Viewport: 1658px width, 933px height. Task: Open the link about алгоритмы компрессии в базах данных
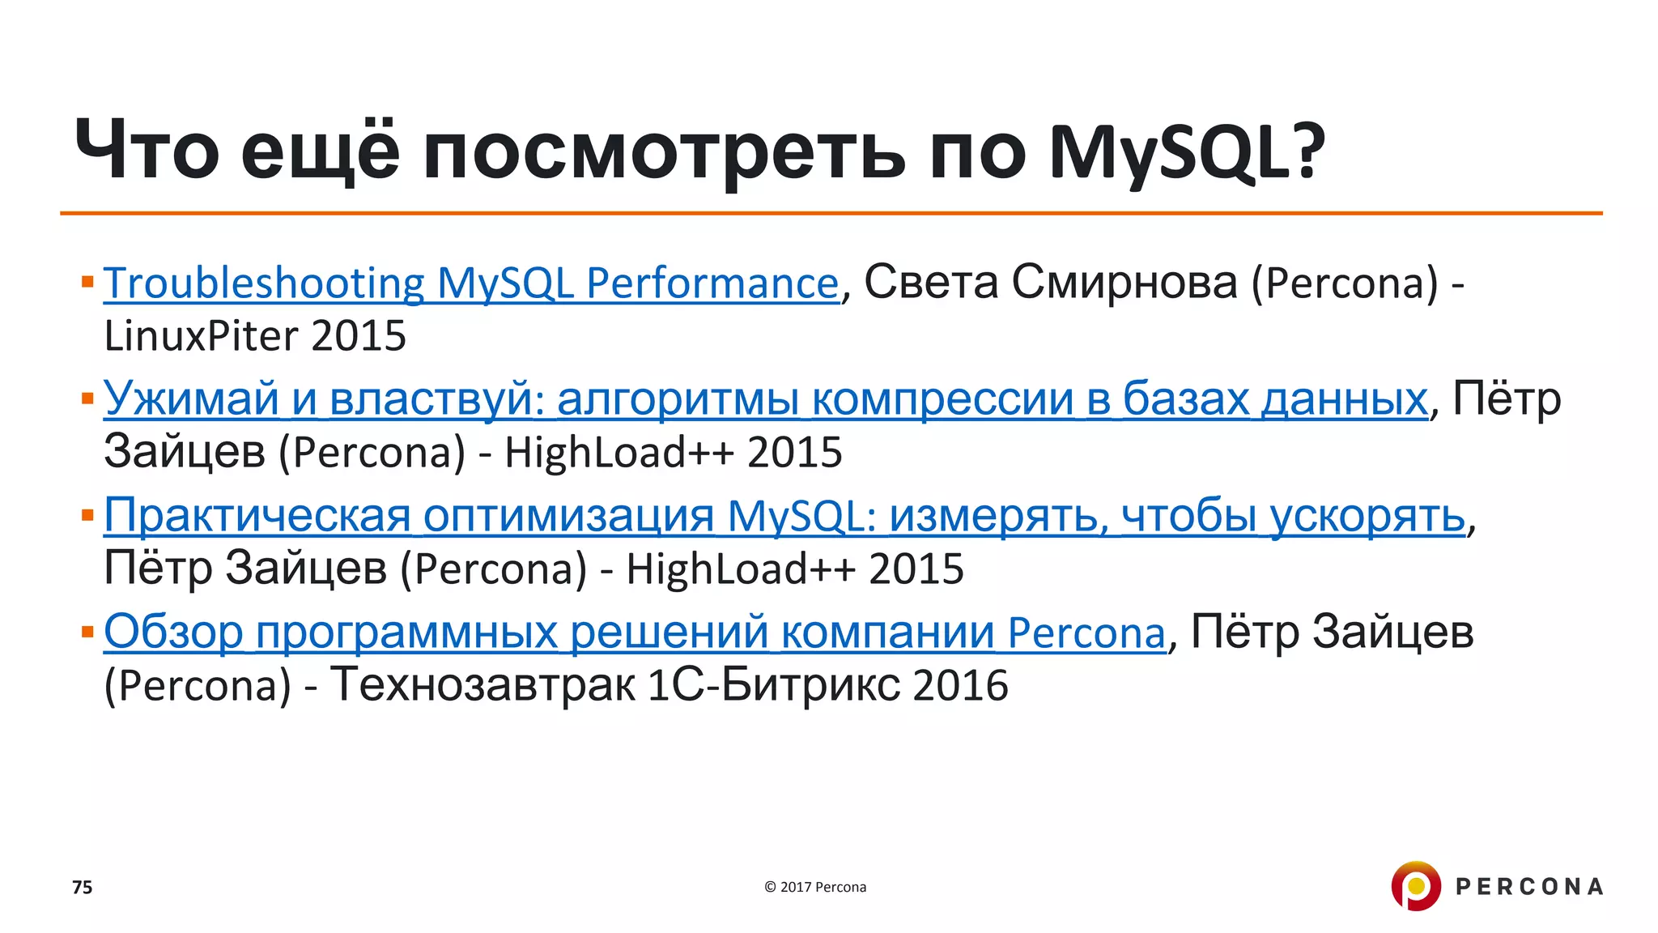point(765,398)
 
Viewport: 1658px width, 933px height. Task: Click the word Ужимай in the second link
point(191,398)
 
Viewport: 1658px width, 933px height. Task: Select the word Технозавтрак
point(483,685)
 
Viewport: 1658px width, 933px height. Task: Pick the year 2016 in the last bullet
point(960,685)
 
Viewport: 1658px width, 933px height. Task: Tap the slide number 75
point(83,888)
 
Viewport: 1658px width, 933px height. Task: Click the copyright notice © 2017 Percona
point(815,888)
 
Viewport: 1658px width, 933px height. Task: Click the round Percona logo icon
point(1415,886)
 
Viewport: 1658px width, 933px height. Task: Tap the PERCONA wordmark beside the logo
point(1528,887)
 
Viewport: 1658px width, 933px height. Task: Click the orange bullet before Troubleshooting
point(88,282)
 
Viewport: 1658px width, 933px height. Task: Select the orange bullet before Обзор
point(88,631)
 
